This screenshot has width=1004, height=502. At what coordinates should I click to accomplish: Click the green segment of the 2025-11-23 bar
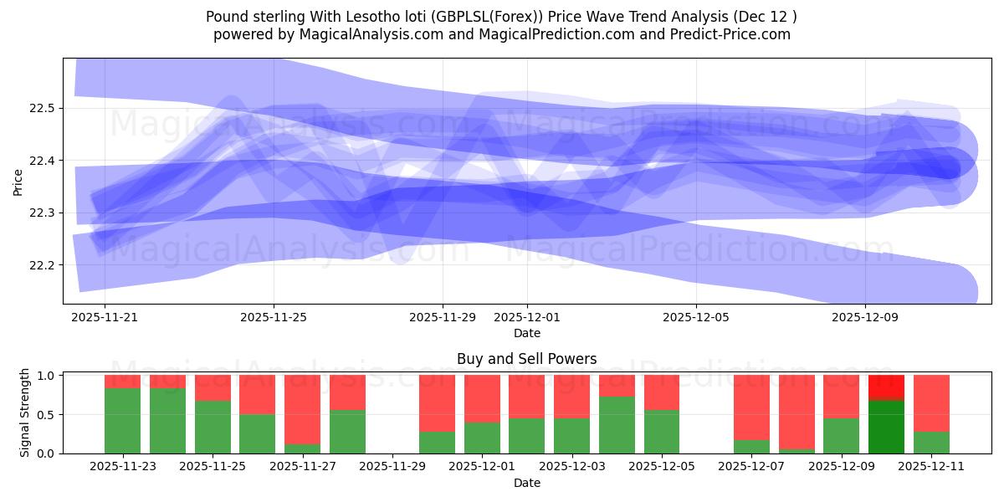click(122, 421)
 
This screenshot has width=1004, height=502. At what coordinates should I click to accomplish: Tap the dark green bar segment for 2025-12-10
click(886, 427)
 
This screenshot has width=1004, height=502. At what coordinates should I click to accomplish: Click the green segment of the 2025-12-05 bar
click(662, 432)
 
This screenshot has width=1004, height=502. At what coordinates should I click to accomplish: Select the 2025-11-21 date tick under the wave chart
click(105, 318)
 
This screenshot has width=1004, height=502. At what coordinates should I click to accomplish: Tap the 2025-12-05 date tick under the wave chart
click(696, 318)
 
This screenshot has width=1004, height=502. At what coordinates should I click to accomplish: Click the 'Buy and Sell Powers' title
click(526, 359)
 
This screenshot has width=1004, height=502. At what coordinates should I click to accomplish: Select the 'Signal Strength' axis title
click(25, 412)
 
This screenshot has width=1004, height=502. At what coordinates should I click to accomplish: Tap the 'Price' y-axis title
click(18, 182)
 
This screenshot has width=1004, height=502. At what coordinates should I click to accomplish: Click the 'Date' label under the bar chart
click(526, 483)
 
